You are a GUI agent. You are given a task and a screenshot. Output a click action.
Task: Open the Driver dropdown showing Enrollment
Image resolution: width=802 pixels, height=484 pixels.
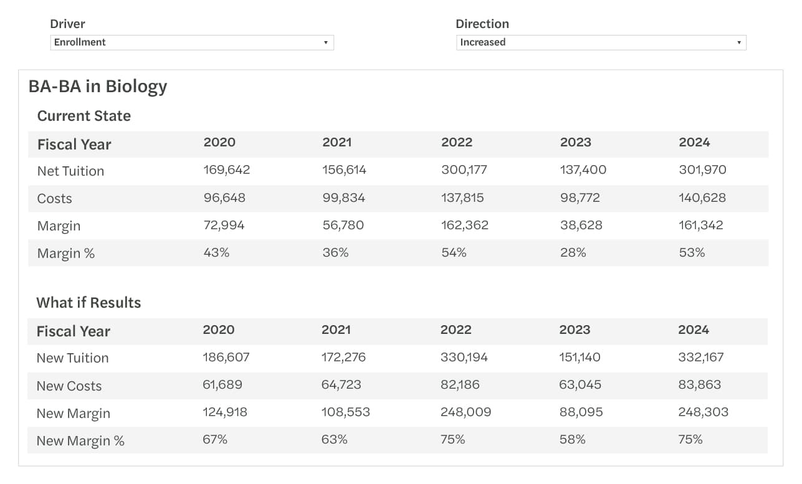click(191, 42)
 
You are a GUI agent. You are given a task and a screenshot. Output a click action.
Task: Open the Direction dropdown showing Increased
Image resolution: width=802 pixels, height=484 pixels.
click(601, 42)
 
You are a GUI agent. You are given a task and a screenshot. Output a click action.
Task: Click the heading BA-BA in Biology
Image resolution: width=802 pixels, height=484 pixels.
click(98, 86)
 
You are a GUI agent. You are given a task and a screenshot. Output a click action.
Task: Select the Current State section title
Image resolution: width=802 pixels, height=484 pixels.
click(84, 116)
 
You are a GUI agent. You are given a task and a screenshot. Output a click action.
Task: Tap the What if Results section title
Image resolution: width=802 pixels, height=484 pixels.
click(88, 303)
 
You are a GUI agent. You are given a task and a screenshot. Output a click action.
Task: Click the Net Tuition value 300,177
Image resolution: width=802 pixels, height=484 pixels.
click(464, 170)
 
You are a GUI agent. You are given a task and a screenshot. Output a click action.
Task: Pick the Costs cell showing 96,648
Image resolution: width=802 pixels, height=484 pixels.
click(224, 198)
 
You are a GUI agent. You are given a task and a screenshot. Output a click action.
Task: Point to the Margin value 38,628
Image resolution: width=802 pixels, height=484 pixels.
click(581, 225)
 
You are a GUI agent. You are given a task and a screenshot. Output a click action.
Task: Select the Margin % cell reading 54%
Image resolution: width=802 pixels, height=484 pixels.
click(454, 253)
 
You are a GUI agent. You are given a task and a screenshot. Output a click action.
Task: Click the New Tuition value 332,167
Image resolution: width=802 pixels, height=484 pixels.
click(702, 358)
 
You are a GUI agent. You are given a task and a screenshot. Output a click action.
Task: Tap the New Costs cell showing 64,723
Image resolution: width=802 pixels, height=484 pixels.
click(341, 385)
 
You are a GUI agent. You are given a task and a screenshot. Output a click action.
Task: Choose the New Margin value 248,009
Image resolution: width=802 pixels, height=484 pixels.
click(465, 412)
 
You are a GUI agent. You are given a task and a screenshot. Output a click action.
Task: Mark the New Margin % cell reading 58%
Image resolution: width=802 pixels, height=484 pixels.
click(572, 440)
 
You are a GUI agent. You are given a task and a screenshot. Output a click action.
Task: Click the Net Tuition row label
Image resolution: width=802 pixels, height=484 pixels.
click(70, 171)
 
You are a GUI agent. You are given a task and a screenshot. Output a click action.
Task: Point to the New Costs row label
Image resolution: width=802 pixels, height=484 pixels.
click(69, 386)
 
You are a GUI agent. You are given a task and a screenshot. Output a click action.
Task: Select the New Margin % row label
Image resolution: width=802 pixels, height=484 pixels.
click(80, 441)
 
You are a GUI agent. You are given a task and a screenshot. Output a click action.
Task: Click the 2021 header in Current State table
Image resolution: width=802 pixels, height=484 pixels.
click(337, 143)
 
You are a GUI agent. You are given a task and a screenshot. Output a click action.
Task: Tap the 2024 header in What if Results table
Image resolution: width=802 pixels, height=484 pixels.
click(694, 330)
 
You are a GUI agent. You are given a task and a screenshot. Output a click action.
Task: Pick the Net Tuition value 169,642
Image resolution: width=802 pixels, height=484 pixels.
click(226, 170)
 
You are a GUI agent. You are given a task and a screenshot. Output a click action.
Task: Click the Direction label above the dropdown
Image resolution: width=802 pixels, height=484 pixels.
click(482, 24)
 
